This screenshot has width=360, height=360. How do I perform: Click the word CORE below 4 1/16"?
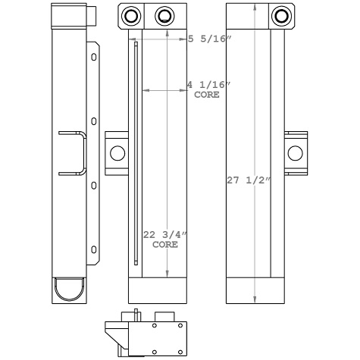point(207,95)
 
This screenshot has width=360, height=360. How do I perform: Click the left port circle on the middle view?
point(131,16)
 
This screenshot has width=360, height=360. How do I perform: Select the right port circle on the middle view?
point(164,16)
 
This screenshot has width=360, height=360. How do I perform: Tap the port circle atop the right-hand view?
point(281,15)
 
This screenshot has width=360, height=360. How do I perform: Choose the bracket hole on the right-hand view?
point(296,154)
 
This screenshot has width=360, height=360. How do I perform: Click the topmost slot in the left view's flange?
point(93,57)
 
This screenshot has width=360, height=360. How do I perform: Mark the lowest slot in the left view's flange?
point(93,249)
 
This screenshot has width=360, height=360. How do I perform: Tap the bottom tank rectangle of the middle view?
point(158,289)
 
